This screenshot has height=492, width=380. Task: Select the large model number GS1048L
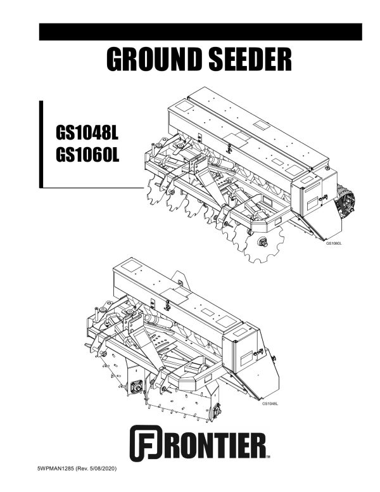88,134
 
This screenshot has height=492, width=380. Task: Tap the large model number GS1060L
88,155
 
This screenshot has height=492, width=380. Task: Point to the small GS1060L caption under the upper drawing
334,243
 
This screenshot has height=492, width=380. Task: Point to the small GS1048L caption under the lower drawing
270,403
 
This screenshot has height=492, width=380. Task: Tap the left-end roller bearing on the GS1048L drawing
136,386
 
